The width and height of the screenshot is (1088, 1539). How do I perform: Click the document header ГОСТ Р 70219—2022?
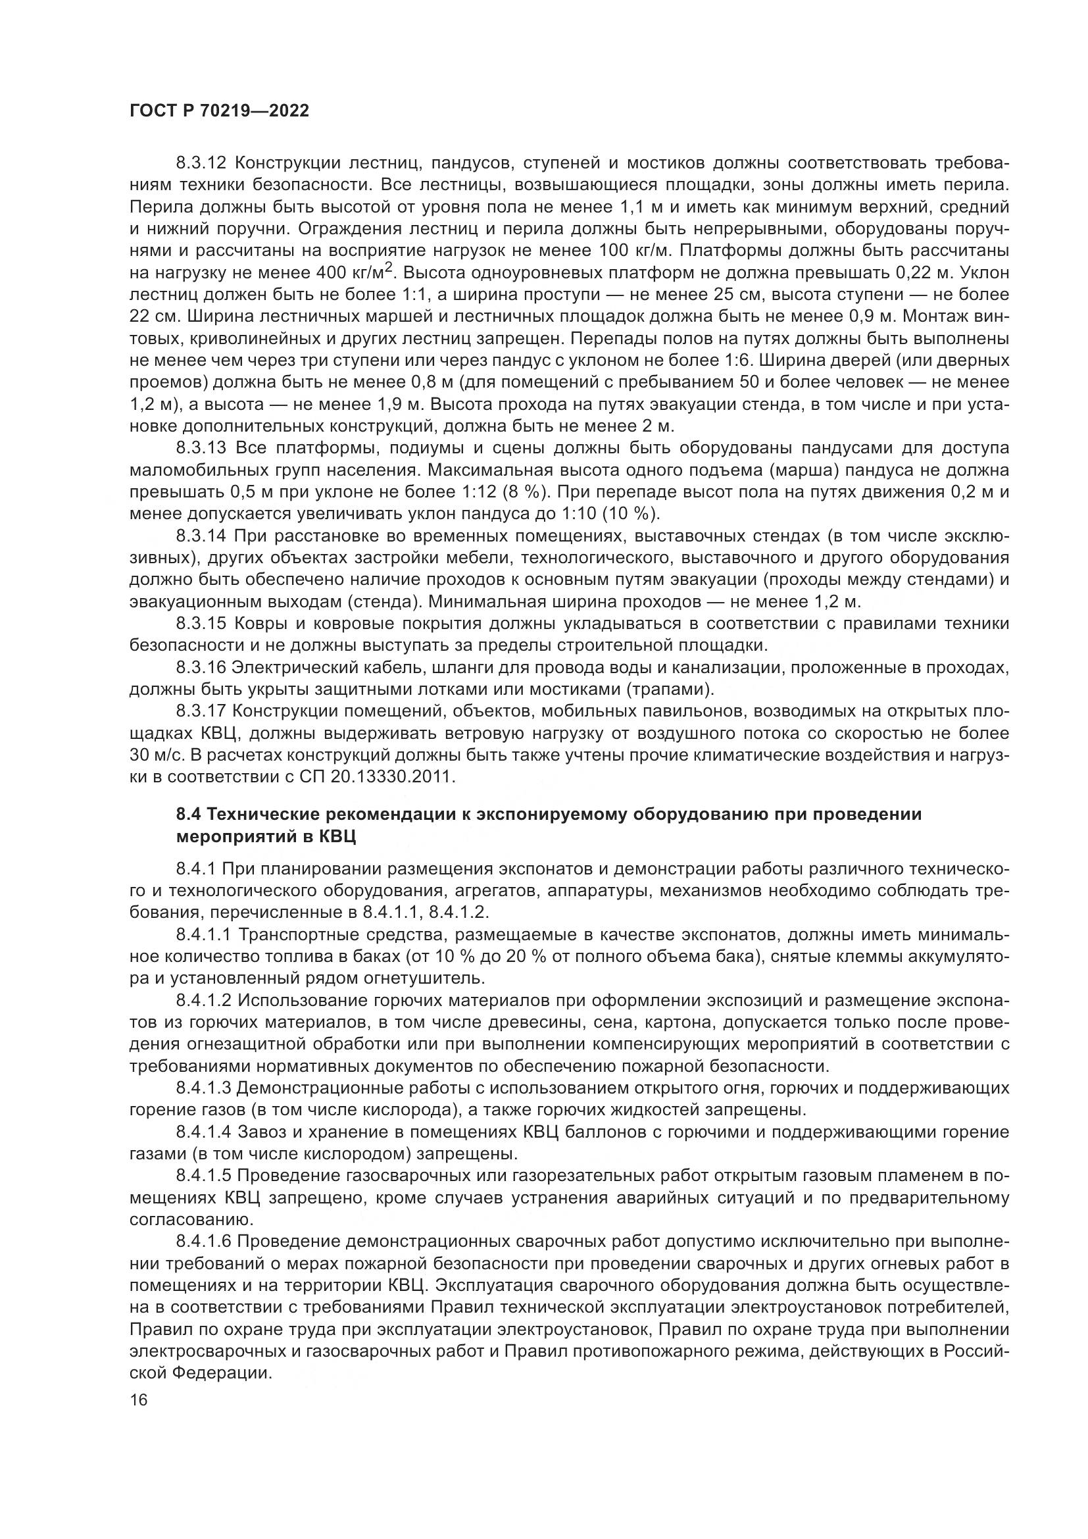[219, 111]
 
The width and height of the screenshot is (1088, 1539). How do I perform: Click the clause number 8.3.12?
[203, 164]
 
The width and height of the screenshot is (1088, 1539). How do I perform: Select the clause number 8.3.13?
[203, 449]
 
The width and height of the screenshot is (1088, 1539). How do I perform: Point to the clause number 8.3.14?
[203, 536]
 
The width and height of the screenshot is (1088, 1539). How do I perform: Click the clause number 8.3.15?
[203, 624]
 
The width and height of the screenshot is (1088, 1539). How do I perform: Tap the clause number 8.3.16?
[203, 668]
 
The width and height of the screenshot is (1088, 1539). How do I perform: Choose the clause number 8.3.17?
[203, 712]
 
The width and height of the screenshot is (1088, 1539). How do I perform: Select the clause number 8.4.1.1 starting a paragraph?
[205, 934]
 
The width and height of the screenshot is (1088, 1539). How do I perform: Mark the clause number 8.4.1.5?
[205, 1176]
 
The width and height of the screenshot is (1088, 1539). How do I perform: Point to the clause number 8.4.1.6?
[205, 1242]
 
